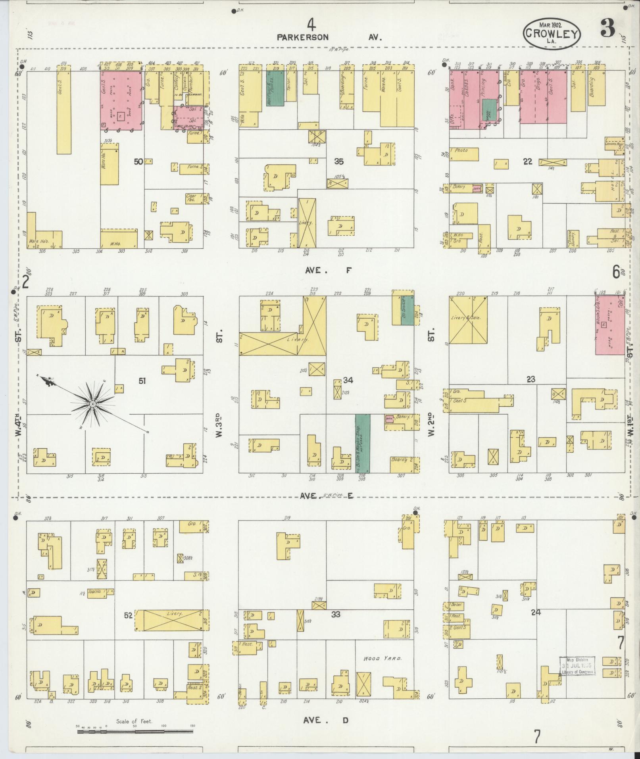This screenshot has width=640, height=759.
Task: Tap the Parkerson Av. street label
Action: [329, 37]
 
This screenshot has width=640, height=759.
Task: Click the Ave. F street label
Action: [329, 271]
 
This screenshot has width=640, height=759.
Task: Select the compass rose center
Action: [92, 404]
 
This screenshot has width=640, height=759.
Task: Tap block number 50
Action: [138, 161]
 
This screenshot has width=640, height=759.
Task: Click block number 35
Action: [338, 161]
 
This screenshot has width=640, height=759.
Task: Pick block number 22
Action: [527, 161]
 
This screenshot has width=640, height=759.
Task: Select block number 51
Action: [142, 381]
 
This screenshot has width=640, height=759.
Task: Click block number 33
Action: [336, 615]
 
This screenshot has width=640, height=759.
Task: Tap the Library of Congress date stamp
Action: [578, 665]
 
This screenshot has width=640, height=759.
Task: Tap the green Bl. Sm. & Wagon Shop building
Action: [362, 443]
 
